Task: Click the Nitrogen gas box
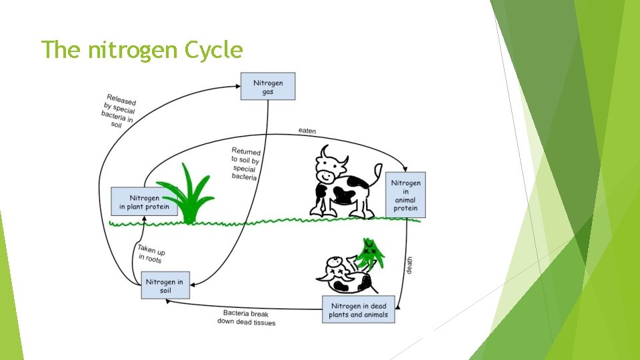[267, 87]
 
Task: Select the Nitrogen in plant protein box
[145, 202]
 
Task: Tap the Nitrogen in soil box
[165, 287]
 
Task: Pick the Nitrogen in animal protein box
[405, 195]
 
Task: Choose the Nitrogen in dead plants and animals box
[358, 310]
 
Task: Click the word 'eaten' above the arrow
[307, 131]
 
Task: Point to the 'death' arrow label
[409, 265]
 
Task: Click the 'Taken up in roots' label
[151, 254]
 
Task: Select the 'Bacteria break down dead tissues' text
[246, 317]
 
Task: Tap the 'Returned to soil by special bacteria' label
[245, 164]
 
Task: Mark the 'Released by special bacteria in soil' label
[119, 111]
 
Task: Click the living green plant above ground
[188, 193]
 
